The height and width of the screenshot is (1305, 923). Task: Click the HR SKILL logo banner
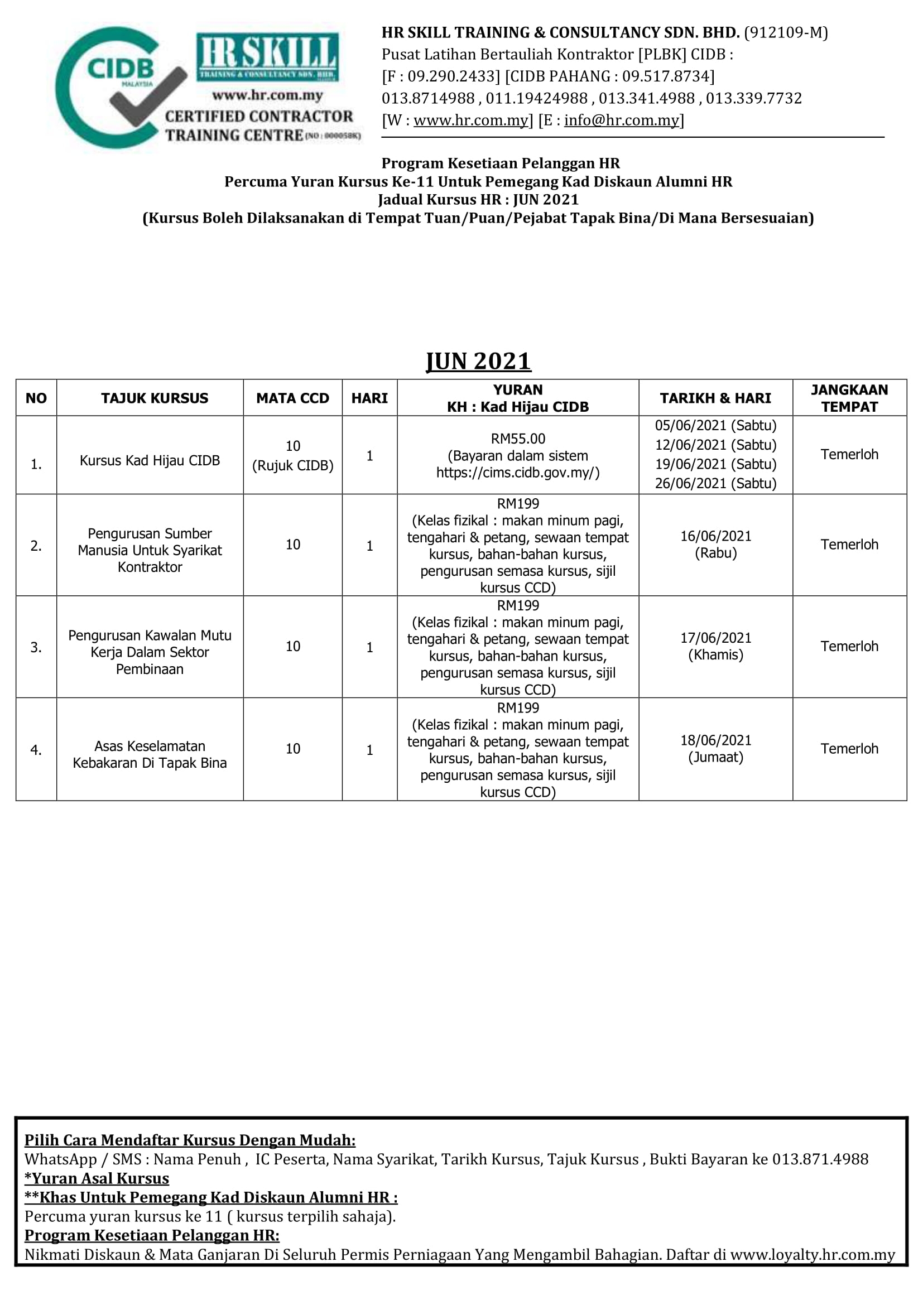pyautogui.click(x=267, y=57)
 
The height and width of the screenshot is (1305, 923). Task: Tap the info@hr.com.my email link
pyautogui.click(x=621, y=121)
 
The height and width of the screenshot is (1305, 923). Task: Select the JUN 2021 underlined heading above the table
pyautogui.click(x=479, y=362)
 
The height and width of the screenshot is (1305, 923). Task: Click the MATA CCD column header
pyautogui.click(x=293, y=398)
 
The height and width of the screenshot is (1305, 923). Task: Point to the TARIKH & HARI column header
pyautogui.click(x=715, y=398)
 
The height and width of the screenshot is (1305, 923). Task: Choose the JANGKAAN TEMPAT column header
pyautogui.click(x=849, y=398)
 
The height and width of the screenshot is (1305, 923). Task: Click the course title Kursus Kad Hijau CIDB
pyautogui.click(x=150, y=460)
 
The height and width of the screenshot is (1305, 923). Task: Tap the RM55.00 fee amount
pyautogui.click(x=518, y=439)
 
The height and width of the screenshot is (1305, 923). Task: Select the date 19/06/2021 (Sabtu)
pyautogui.click(x=715, y=464)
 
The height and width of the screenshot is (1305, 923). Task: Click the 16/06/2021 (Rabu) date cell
pyautogui.click(x=715, y=544)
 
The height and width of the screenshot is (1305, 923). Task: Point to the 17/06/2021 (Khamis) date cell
pyautogui.click(x=715, y=646)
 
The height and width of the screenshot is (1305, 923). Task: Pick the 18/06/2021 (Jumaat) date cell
pyautogui.click(x=715, y=749)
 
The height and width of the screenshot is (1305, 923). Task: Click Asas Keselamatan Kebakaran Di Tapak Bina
pyautogui.click(x=150, y=754)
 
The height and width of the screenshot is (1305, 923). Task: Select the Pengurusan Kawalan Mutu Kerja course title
pyautogui.click(x=150, y=652)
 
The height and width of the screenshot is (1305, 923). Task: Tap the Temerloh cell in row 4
pyautogui.click(x=849, y=749)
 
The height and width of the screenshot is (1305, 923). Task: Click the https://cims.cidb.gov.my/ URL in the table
pyautogui.click(x=518, y=473)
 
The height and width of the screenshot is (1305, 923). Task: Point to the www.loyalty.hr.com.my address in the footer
pyautogui.click(x=812, y=1254)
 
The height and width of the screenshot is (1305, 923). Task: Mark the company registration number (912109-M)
pyautogui.click(x=786, y=32)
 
